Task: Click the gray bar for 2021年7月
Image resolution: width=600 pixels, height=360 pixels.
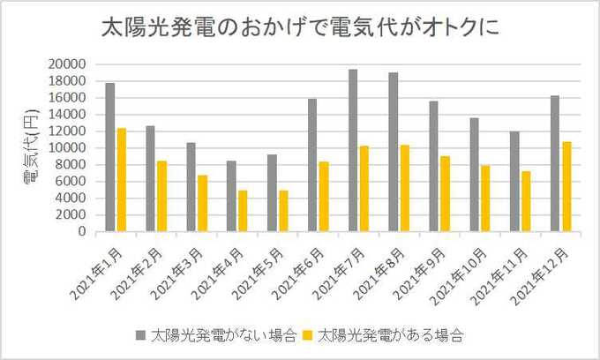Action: [x=353, y=151]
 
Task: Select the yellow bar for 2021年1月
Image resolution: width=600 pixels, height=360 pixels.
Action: [x=122, y=180]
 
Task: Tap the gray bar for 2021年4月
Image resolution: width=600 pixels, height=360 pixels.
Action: [x=231, y=196]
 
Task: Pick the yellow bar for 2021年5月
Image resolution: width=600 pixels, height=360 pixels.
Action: [x=283, y=211]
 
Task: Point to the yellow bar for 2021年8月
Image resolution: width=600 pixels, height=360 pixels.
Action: [x=404, y=188]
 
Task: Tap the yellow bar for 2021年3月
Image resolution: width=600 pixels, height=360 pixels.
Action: [x=202, y=203]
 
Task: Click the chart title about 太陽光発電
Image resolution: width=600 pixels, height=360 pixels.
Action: [x=300, y=27]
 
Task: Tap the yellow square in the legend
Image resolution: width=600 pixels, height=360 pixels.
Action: [x=308, y=336]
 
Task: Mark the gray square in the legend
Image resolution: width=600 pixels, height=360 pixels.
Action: [x=140, y=336]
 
